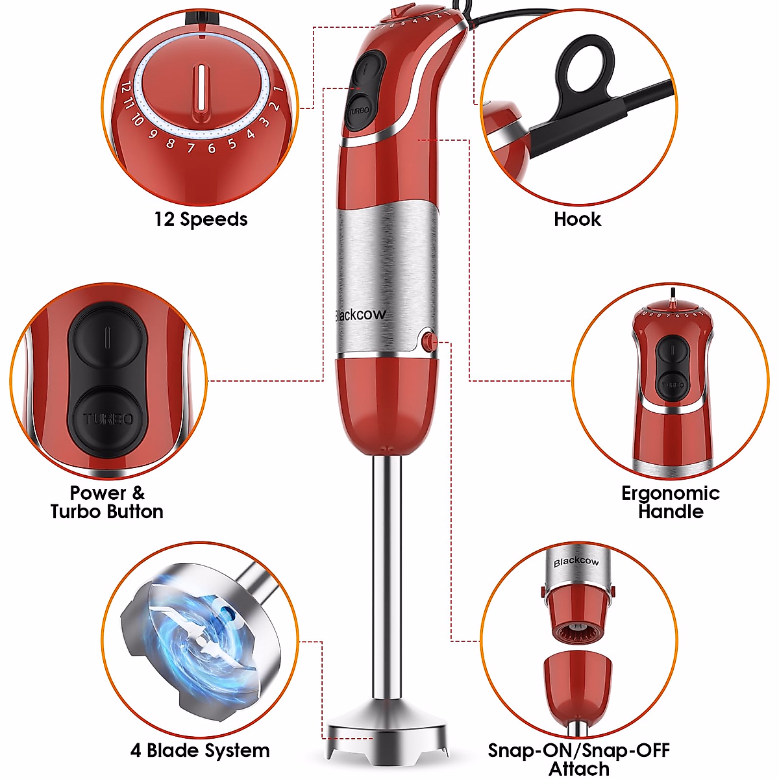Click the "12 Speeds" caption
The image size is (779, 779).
tap(201, 219)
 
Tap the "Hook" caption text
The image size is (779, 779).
tap(577, 219)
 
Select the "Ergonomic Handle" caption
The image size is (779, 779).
tap(671, 502)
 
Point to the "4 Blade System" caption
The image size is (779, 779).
tap(200, 751)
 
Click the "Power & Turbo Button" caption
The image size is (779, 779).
tap(107, 502)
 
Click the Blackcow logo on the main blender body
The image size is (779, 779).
tap(361, 315)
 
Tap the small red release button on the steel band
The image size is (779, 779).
tap(428, 341)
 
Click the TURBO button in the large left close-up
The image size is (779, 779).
tap(108, 419)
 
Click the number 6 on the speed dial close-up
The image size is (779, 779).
tap(212, 149)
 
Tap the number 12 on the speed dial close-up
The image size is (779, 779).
tap(126, 88)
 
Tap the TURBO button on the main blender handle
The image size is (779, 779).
tap(359, 110)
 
